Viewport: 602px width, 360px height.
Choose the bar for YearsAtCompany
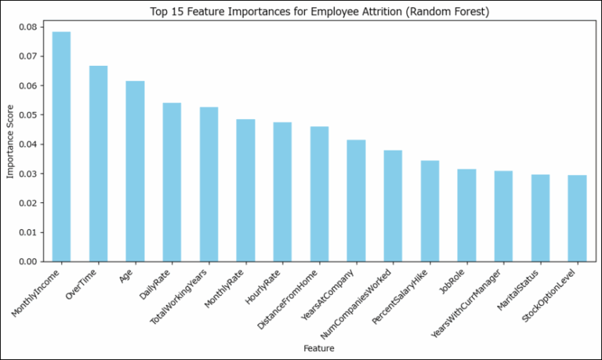356,200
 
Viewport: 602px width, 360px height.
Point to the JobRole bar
466,215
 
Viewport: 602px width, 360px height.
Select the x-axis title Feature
318,345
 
